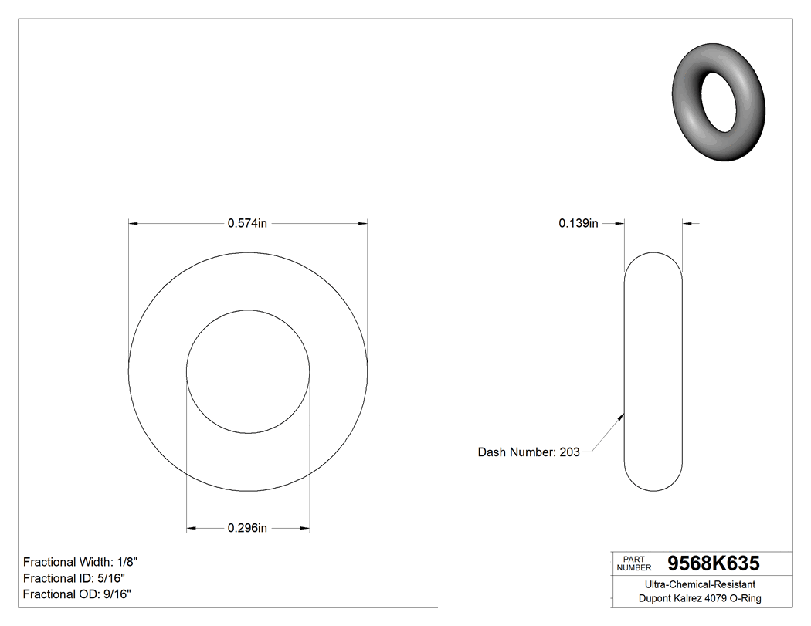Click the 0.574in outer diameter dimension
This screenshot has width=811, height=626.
247,224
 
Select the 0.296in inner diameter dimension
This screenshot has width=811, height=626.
247,529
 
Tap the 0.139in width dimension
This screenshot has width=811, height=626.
579,224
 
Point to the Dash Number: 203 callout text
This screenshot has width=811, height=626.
529,452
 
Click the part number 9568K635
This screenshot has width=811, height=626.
713,563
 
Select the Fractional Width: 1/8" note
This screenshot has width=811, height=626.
81,562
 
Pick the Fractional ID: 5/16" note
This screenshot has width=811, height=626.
74,578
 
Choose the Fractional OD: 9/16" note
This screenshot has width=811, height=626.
77,594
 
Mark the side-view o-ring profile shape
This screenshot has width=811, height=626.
653,371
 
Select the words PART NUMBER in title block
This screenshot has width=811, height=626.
633,563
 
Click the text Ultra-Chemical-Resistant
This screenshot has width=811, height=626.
700,585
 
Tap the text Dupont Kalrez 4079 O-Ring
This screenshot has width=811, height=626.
700,599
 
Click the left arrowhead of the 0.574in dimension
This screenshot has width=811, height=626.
133,224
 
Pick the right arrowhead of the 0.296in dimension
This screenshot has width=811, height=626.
305,529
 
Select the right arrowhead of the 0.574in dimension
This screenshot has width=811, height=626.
363,224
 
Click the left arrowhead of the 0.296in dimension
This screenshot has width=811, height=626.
192,529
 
